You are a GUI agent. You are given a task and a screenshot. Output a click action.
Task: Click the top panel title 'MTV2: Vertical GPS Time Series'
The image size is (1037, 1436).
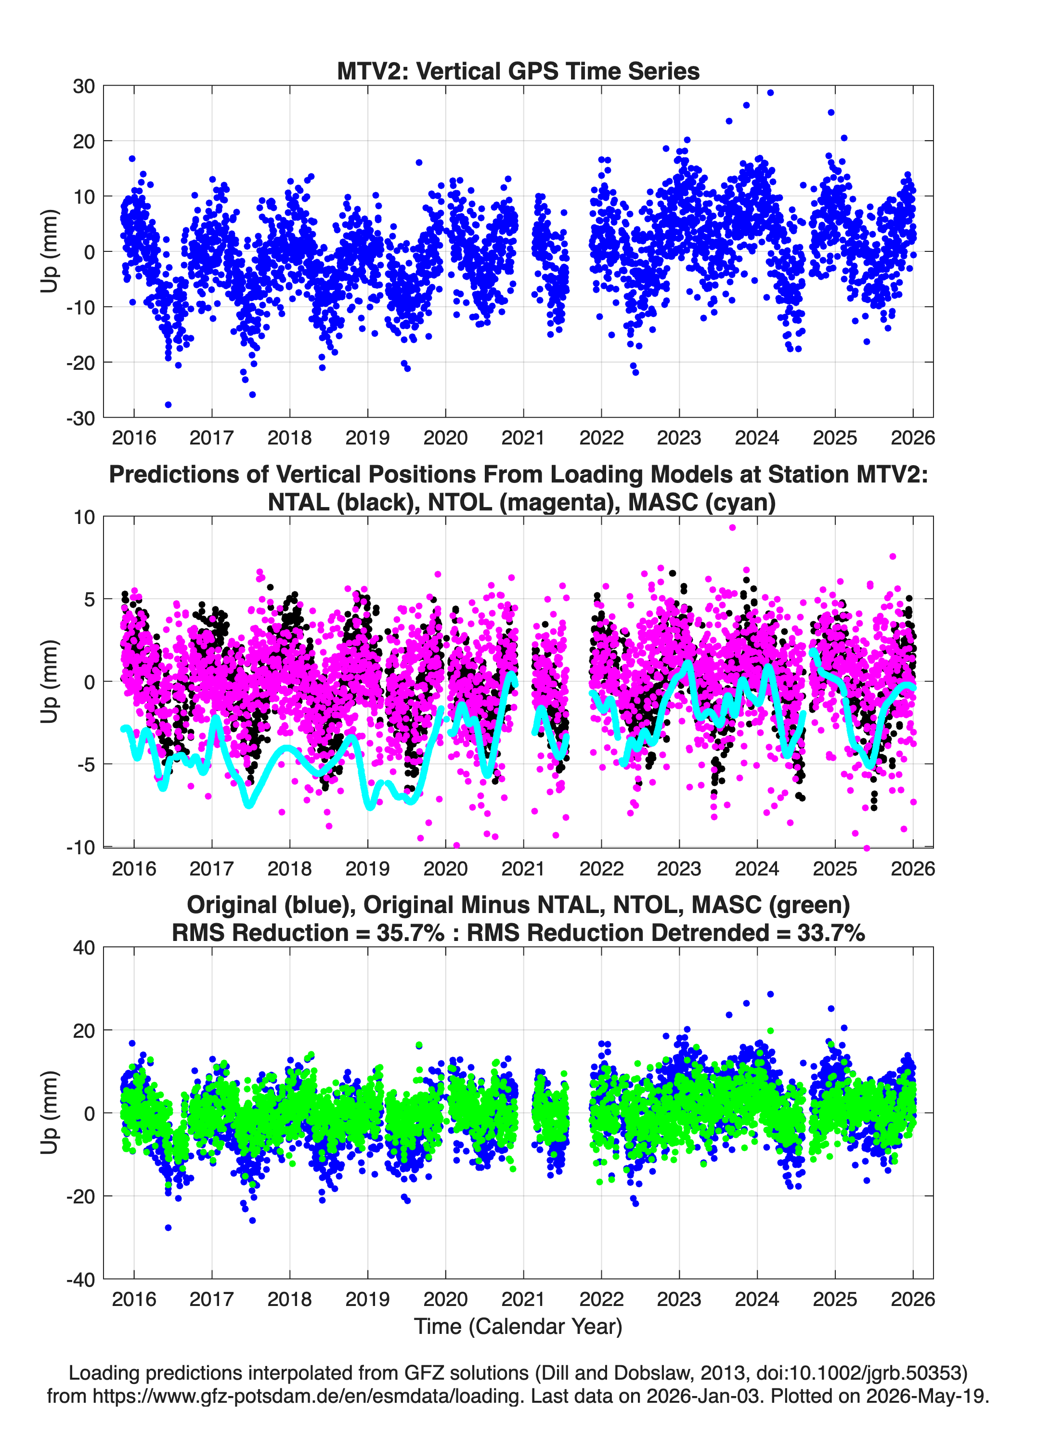tap(518, 71)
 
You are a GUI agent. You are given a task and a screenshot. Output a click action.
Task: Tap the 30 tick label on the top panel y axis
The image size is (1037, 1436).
tap(84, 86)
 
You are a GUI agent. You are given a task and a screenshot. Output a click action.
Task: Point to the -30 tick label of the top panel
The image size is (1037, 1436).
tap(80, 418)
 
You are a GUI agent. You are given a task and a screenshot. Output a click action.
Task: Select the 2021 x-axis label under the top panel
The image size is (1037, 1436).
tap(523, 438)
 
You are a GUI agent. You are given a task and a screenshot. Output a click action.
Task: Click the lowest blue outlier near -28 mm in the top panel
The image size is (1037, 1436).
tap(168, 405)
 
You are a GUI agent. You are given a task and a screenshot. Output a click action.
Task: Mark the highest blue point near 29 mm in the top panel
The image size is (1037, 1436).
tap(770, 92)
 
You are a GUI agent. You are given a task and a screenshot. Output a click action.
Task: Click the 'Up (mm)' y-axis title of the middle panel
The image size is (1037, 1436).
tap(50, 681)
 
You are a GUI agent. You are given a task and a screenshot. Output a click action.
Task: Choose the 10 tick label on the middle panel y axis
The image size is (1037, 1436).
tap(84, 517)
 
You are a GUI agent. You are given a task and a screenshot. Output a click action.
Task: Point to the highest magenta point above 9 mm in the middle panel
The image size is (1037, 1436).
tap(732, 527)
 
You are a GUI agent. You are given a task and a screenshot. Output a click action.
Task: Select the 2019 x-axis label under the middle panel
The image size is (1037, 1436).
tap(367, 868)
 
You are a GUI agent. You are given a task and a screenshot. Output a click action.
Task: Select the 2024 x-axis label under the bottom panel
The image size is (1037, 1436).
tap(756, 1299)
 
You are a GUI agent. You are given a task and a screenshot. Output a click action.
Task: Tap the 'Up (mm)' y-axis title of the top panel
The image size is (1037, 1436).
tap(50, 251)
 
